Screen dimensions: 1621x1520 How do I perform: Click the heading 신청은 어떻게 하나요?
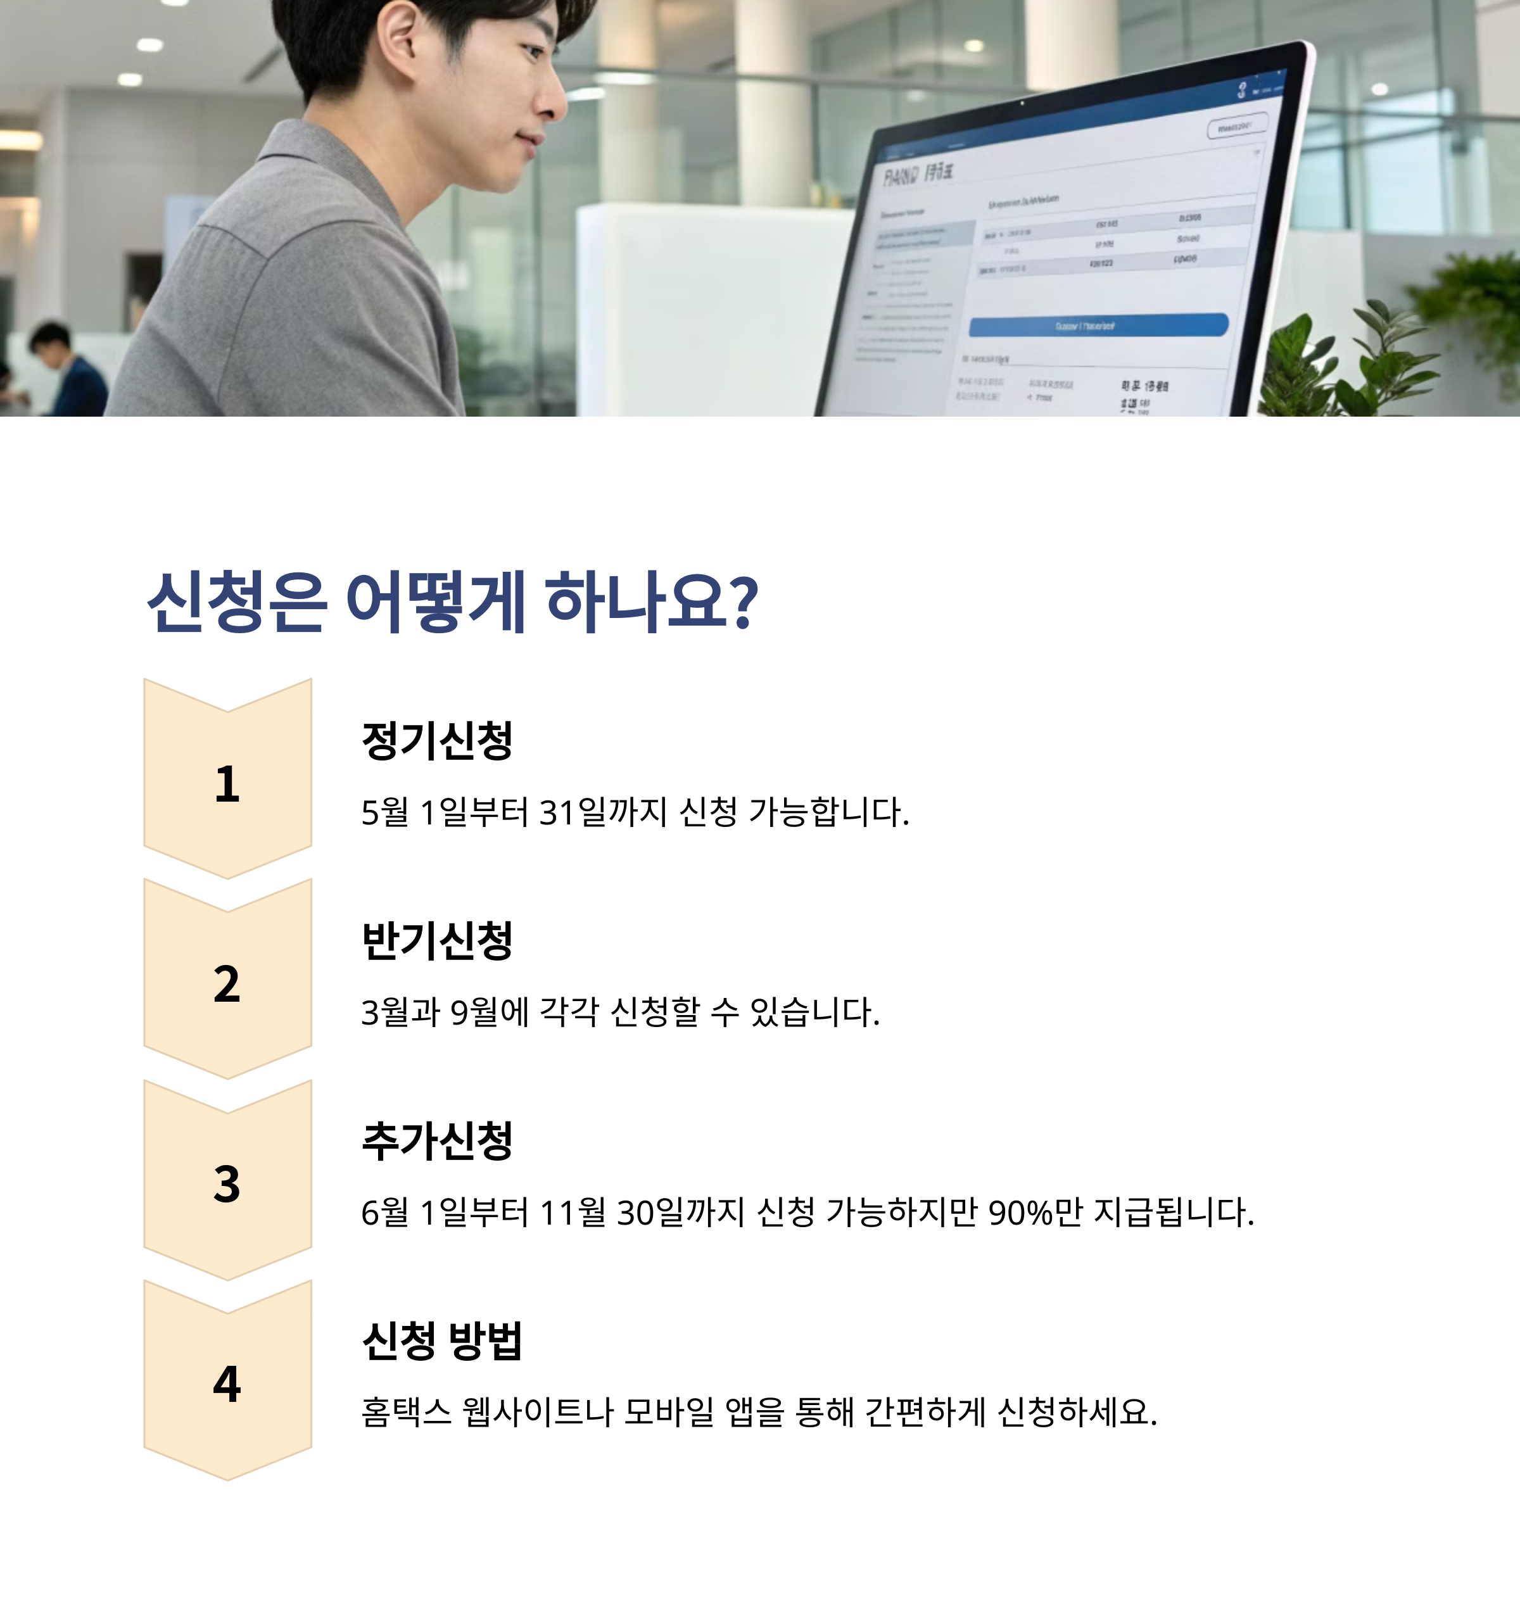pos(453,603)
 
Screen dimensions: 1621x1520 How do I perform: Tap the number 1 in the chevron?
pos(227,785)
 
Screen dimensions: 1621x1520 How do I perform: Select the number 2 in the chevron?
pos(227,984)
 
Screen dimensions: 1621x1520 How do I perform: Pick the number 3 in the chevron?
pos(227,1184)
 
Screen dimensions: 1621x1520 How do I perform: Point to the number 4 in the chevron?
pos(227,1385)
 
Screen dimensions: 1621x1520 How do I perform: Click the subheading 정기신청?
pos(437,740)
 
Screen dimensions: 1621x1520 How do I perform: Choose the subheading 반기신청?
pos(437,940)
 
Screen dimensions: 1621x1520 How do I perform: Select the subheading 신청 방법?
pos(442,1340)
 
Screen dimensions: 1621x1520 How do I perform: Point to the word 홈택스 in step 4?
pos(406,1412)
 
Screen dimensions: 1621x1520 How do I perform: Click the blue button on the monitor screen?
pos(1098,325)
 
